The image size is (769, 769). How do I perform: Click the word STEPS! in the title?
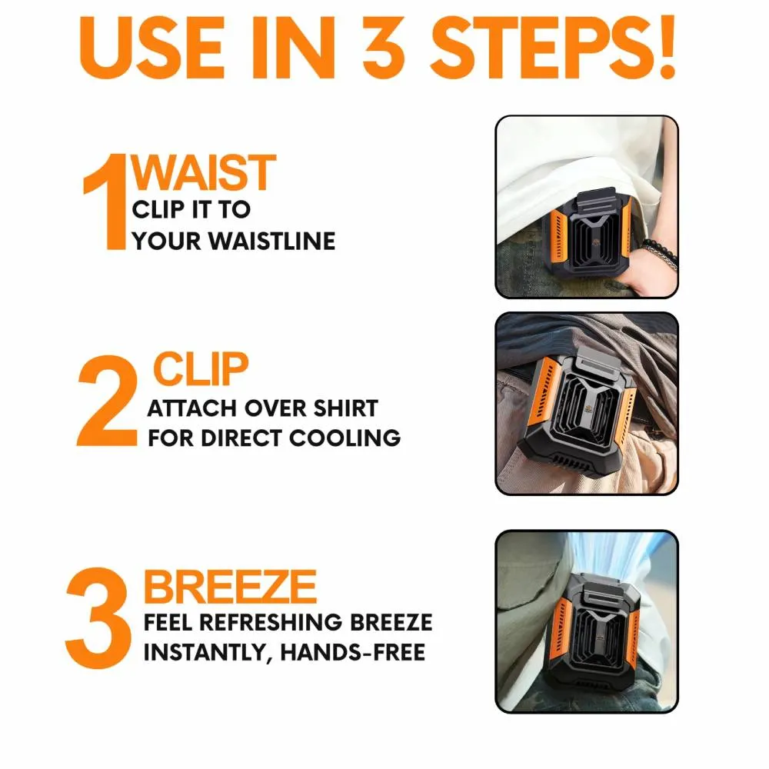[x=554, y=48]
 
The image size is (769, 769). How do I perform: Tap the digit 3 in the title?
[x=384, y=48]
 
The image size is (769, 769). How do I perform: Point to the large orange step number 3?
[x=98, y=618]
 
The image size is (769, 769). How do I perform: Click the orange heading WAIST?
[x=204, y=172]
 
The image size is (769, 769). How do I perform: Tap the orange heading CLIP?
[x=201, y=369]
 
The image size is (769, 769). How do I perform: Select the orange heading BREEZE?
[x=230, y=587]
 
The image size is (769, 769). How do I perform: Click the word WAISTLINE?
[x=272, y=241]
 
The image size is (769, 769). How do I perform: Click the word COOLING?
[x=345, y=438]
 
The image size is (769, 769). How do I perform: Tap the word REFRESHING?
[x=271, y=622]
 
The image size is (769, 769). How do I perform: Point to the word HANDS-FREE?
[x=353, y=652]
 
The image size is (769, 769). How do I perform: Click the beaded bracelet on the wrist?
[x=661, y=253]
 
